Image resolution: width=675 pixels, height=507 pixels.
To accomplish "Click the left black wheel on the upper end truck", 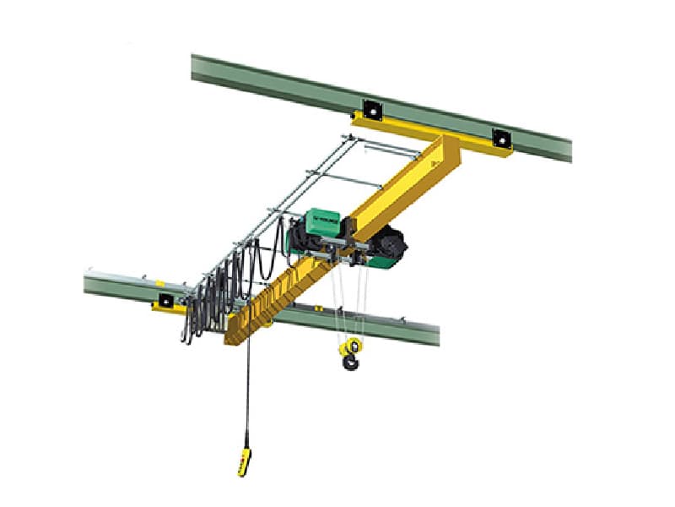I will point(369,108).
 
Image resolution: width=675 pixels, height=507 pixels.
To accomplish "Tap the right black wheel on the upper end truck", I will point(502,137).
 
